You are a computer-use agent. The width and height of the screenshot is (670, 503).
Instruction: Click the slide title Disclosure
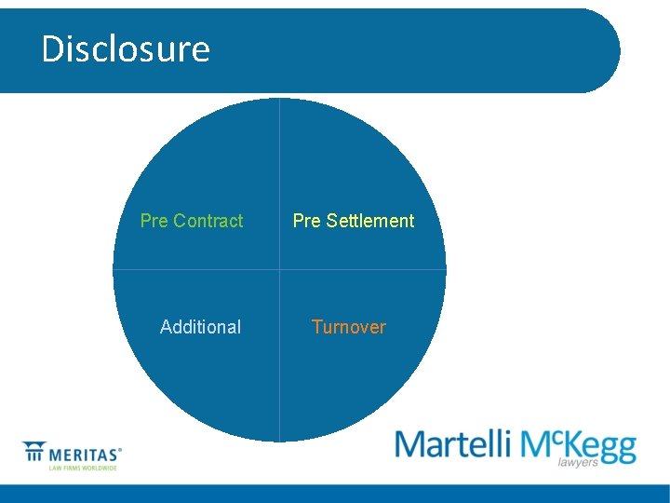click(x=126, y=48)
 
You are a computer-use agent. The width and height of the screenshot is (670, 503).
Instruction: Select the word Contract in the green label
click(x=208, y=221)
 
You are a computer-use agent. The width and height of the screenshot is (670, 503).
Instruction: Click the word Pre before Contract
click(x=154, y=221)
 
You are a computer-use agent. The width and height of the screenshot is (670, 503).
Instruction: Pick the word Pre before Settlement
click(x=306, y=221)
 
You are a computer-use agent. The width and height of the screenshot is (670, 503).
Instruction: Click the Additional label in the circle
click(x=200, y=327)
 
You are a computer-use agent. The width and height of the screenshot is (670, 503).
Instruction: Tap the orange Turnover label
click(x=348, y=327)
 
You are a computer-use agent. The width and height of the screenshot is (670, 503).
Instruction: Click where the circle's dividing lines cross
click(x=279, y=270)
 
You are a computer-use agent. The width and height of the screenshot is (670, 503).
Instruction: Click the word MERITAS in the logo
click(x=83, y=455)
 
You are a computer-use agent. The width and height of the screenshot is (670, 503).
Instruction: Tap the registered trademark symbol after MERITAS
click(x=120, y=449)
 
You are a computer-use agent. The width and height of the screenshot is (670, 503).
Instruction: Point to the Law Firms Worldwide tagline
click(x=83, y=468)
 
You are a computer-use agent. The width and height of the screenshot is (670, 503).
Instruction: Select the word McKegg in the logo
click(x=578, y=445)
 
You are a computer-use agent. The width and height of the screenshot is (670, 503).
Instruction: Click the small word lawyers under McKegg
click(x=578, y=462)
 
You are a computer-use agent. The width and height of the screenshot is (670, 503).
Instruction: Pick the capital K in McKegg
click(x=572, y=445)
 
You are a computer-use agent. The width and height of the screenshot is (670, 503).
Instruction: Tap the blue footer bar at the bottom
click(x=335, y=494)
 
